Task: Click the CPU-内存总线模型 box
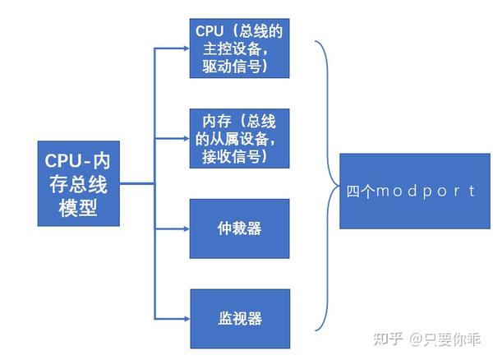point(79,183)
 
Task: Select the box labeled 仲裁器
point(239,228)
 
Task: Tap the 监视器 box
point(239,317)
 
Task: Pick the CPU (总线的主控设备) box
point(239,48)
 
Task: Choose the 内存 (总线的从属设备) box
point(239,137)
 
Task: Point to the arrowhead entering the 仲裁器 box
point(185,228)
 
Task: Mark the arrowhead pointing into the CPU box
point(185,48)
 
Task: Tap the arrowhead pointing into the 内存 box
point(185,137)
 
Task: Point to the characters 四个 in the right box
point(360,191)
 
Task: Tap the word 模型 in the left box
point(79,209)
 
